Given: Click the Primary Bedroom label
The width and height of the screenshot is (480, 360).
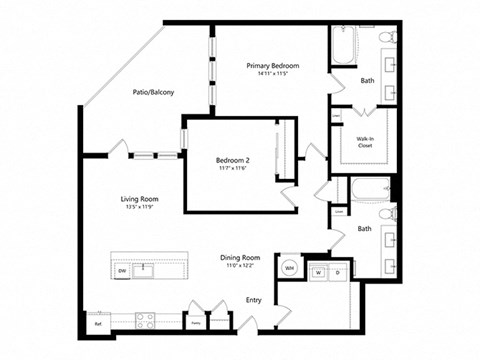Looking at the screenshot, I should (273, 65).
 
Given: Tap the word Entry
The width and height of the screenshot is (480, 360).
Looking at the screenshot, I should (254, 300).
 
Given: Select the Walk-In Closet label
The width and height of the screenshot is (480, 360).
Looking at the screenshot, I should (365, 141).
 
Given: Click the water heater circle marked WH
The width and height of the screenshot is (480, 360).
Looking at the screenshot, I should (289, 269).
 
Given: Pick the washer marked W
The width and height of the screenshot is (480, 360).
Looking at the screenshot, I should (318, 271).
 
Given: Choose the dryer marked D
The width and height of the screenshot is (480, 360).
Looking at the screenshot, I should (337, 271).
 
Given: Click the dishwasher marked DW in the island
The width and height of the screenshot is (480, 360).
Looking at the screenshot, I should (122, 270).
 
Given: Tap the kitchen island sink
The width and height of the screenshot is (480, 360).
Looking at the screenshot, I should (147, 269).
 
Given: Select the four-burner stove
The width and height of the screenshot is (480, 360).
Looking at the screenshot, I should (144, 321).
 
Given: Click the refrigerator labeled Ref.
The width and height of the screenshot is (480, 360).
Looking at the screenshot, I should (98, 323).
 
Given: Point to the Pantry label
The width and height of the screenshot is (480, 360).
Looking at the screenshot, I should (196, 323).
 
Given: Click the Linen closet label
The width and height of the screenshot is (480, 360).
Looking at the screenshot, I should (339, 211).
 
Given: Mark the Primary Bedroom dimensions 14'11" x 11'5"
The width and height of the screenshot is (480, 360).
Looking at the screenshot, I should (273, 74).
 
